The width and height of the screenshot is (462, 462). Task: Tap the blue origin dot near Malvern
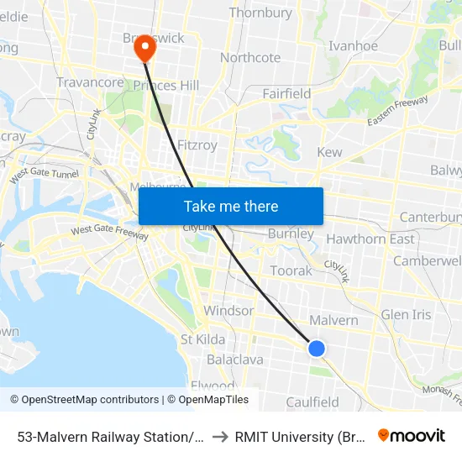point(317,348)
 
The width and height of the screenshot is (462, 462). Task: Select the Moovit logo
point(412,435)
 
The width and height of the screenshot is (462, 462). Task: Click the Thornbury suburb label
point(260,13)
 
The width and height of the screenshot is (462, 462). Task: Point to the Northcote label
point(250,58)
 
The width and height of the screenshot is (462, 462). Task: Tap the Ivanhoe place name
point(353,46)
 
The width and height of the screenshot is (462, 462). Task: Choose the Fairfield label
point(286,93)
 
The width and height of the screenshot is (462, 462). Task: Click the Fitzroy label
point(197,145)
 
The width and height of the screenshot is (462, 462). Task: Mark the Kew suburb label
point(329,152)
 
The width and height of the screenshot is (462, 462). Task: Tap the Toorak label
point(291,270)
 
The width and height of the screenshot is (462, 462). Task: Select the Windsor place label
point(228,310)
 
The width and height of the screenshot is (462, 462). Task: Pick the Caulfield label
point(312,402)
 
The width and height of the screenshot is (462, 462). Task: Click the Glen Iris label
point(406,315)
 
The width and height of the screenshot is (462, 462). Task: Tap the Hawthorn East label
point(370,239)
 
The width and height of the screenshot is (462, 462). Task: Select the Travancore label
point(91,82)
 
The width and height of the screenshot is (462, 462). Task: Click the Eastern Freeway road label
point(397,112)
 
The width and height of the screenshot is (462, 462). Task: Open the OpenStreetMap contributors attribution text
point(85,400)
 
